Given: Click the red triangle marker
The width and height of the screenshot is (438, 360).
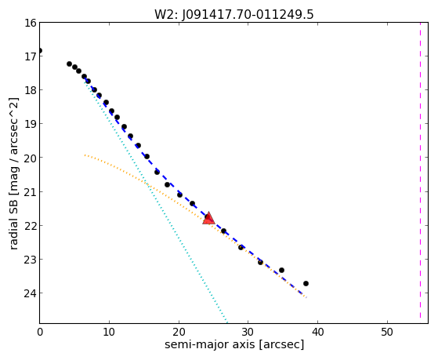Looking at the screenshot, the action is coord(208,219).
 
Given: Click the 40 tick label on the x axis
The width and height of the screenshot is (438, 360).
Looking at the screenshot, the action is coord(317,332).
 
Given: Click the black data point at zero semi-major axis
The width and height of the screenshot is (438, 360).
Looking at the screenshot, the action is coord(40,51).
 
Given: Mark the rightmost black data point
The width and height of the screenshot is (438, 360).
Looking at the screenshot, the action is coord(306,283).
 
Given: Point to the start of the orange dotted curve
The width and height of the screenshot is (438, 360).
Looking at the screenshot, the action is coord(85,155).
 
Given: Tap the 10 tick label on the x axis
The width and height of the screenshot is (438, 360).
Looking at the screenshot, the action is coord(109,332).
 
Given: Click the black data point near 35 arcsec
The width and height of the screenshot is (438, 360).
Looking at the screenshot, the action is coord(281,271).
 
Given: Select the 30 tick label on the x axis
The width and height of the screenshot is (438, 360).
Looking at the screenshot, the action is coord(248,332).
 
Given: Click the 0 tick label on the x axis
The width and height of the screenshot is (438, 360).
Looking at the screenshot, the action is coord(40,332).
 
